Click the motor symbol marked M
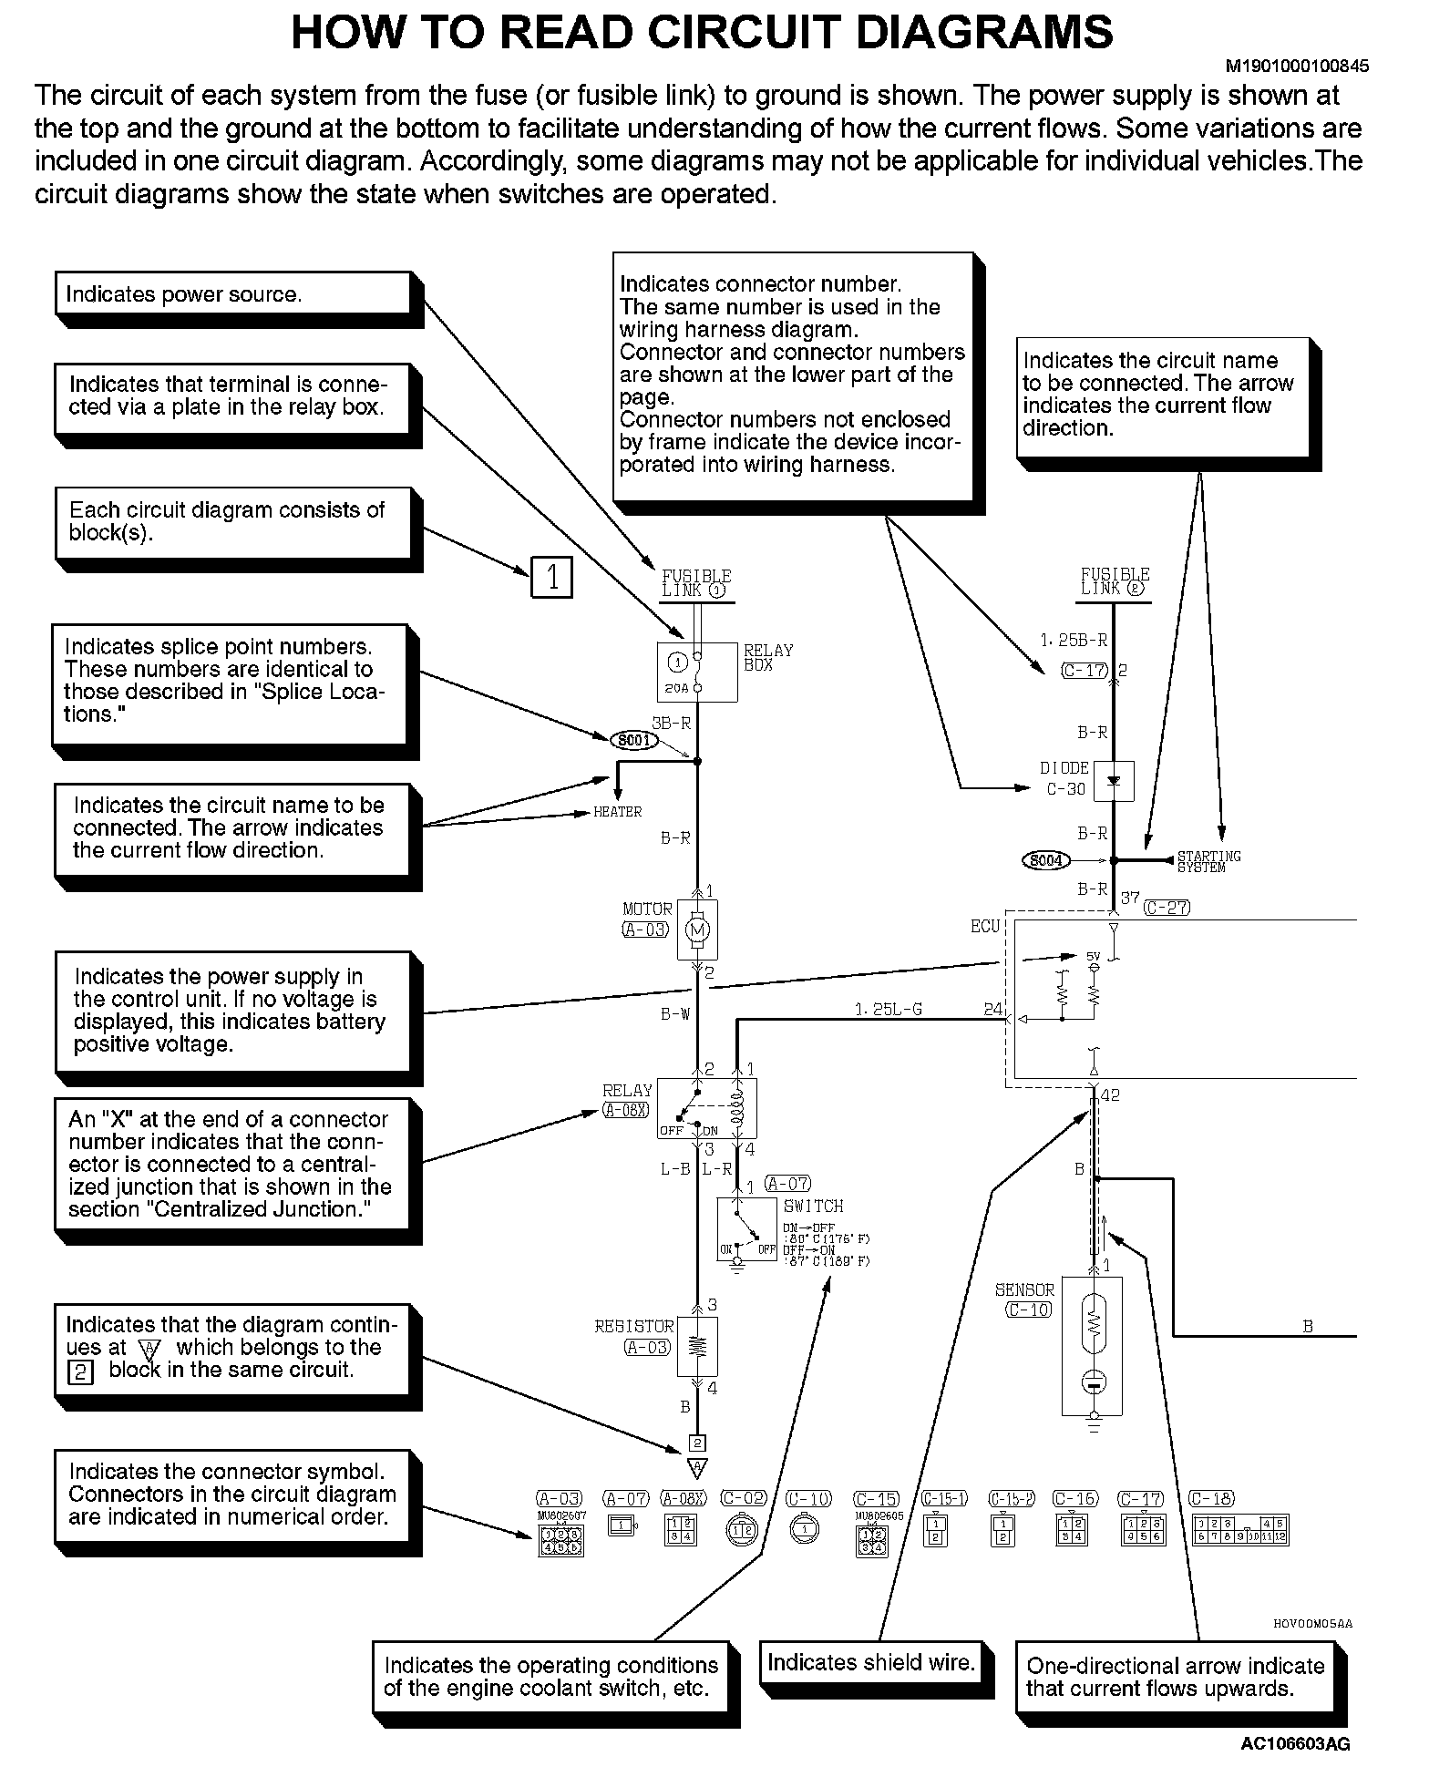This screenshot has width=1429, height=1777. click(698, 930)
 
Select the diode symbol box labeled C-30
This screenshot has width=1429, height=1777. click(1113, 781)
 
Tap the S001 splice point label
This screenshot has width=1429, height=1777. click(634, 740)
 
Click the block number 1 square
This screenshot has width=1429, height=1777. click(551, 577)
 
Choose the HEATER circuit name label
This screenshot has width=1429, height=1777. click(618, 812)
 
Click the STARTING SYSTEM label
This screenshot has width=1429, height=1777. click(1208, 861)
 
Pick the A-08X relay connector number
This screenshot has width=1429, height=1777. click(625, 1110)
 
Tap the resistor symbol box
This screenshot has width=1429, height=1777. click(698, 1345)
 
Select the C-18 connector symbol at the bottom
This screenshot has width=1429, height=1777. click(1240, 1531)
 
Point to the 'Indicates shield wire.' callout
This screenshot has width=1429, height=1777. click(870, 1662)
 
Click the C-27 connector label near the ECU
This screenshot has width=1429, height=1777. click(1167, 908)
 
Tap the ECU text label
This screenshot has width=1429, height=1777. click(985, 926)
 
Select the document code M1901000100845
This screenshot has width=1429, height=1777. click(1295, 67)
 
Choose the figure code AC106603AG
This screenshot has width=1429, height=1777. click(1295, 1744)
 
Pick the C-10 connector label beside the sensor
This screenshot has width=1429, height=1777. click(1029, 1310)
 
